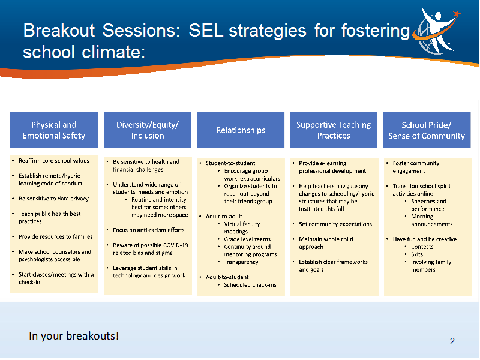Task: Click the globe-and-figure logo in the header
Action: pyautogui.click(x=437, y=31)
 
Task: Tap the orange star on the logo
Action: pyautogui.click(x=457, y=13)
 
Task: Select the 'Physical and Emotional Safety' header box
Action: pyautogui.click(x=54, y=130)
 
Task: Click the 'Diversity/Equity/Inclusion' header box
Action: pyautogui.click(x=148, y=130)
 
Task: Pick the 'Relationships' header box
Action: pyautogui.click(x=241, y=130)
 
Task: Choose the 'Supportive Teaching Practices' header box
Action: pyautogui.click(x=334, y=130)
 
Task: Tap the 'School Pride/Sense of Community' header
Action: pyautogui.click(x=427, y=130)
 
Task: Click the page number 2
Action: pyautogui.click(x=452, y=341)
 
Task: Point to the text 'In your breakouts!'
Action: pyautogui.click(x=74, y=336)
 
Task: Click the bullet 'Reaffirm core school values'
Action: pyautogui.click(x=54, y=161)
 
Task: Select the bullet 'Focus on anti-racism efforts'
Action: pyautogui.click(x=149, y=230)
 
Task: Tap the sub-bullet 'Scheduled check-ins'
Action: pyautogui.click(x=250, y=285)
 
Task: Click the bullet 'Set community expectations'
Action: pyautogui.click(x=335, y=224)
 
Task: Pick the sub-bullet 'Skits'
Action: pyautogui.click(x=417, y=254)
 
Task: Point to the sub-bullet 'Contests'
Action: pyautogui.click(x=422, y=247)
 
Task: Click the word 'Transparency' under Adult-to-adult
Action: pyautogui.click(x=241, y=262)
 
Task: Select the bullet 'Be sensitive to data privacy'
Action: pyautogui.click(x=53, y=199)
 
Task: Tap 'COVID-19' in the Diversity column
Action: pyautogui.click(x=176, y=245)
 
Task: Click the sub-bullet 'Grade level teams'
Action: pyautogui.click(x=247, y=239)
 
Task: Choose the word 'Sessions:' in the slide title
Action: pyautogui.click(x=141, y=31)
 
